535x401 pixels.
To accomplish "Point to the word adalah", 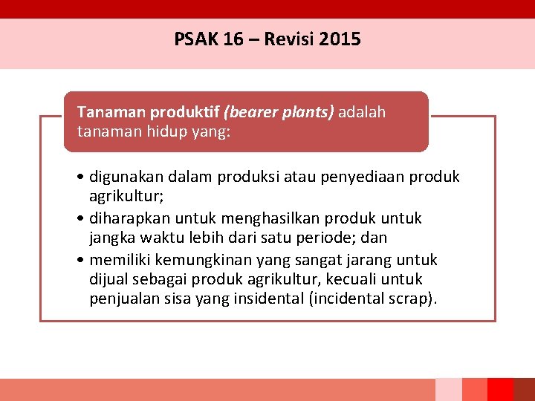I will click(x=362, y=112).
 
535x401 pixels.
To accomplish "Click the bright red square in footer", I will click(x=500, y=389).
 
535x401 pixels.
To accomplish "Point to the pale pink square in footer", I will click(x=448, y=389).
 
